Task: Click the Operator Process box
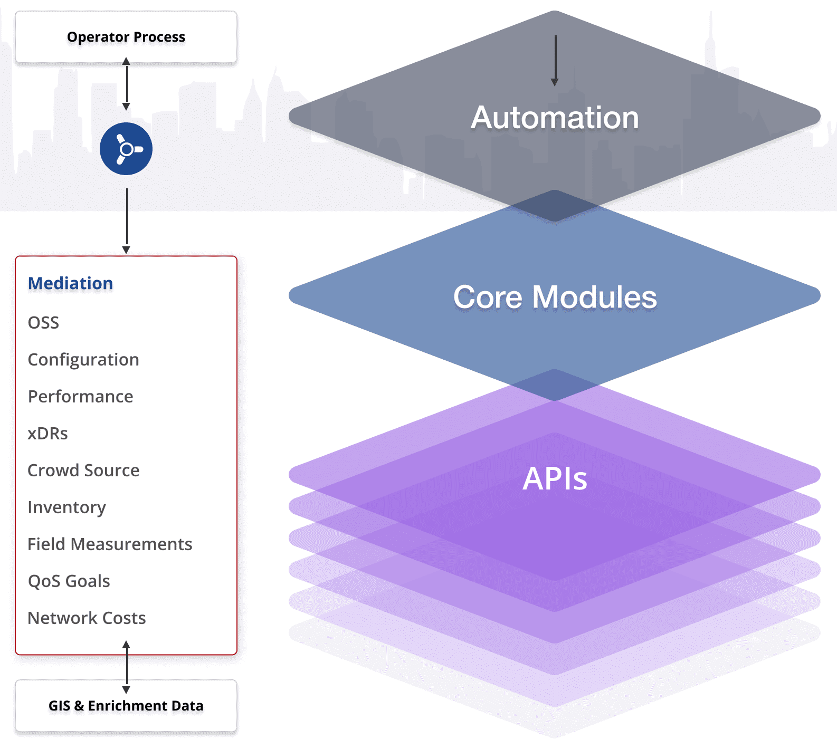click(126, 37)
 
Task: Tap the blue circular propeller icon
click(126, 149)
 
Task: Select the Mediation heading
click(70, 283)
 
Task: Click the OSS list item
click(43, 322)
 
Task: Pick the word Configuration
click(83, 360)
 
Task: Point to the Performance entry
click(80, 397)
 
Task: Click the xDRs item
click(47, 434)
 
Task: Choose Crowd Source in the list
click(83, 470)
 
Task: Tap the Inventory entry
click(66, 507)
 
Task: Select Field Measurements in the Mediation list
click(110, 544)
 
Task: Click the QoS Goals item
click(69, 581)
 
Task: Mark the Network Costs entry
click(87, 618)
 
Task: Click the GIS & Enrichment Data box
click(126, 706)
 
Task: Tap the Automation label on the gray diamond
click(555, 117)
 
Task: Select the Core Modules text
click(555, 296)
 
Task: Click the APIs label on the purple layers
click(555, 479)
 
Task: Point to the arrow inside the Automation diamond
click(555, 61)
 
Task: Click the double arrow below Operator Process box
click(126, 84)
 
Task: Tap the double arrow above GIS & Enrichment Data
click(126, 667)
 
